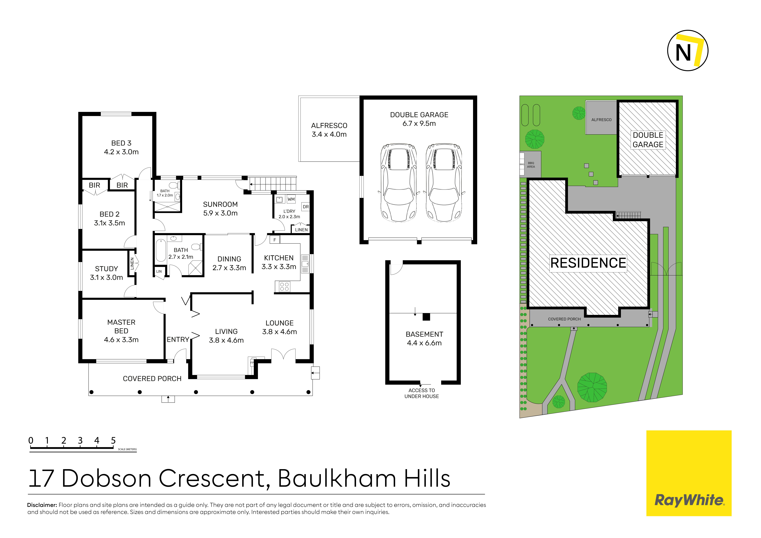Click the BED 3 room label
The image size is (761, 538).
[x=121, y=143]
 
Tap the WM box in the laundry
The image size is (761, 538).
[x=291, y=199]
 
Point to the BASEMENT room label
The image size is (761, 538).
[x=424, y=334]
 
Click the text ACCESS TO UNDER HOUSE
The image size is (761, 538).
[x=422, y=393]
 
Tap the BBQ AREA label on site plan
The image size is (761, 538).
[x=531, y=165]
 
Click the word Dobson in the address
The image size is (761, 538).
[x=106, y=478]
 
